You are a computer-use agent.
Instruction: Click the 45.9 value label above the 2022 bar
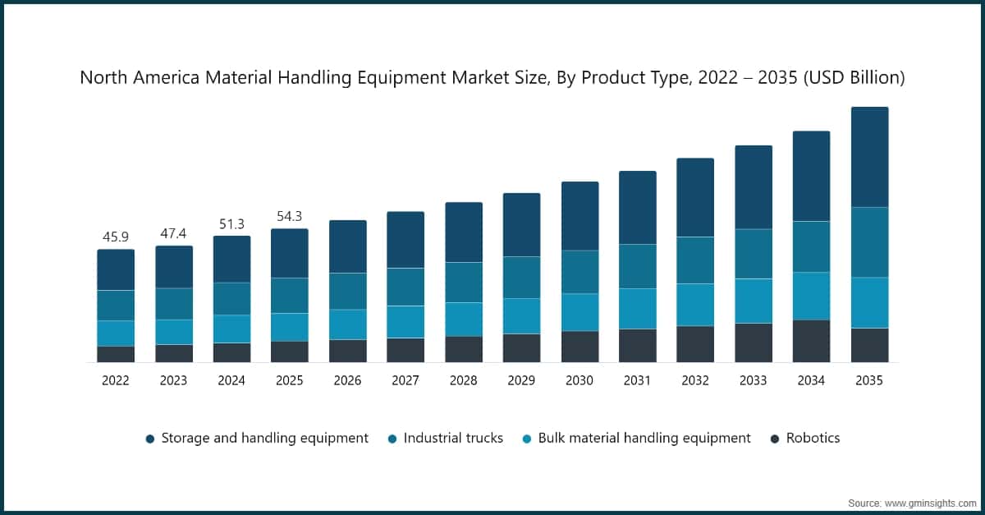(x=116, y=237)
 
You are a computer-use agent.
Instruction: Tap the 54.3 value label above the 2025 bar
(x=290, y=216)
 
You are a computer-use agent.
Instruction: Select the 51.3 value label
(x=231, y=223)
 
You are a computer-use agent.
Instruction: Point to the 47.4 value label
(x=174, y=233)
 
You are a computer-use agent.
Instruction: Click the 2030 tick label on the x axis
(x=580, y=380)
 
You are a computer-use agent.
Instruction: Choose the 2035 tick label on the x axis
(x=869, y=380)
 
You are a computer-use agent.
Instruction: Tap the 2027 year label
(x=405, y=380)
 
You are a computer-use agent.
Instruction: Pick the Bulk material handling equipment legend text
(x=644, y=438)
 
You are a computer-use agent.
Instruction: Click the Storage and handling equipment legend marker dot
(x=150, y=439)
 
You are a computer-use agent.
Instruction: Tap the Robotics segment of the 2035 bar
(x=869, y=345)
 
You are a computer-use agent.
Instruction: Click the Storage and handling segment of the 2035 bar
(x=869, y=156)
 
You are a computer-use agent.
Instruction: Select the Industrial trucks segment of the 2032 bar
(x=695, y=260)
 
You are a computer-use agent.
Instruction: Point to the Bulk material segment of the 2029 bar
(x=521, y=315)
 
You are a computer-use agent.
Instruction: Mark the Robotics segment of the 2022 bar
(x=116, y=354)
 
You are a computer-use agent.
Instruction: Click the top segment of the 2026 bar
(x=347, y=246)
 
